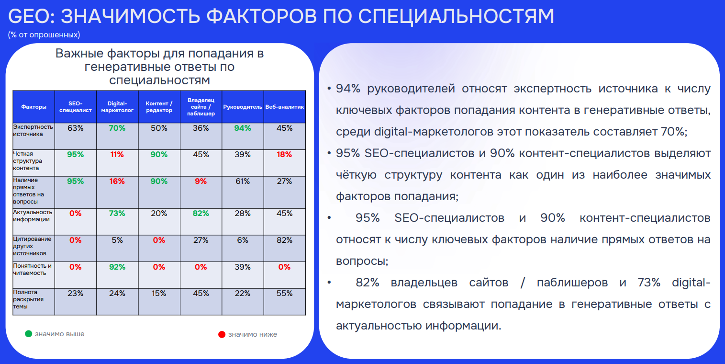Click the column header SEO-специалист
click(x=76, y=107)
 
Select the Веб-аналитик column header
click(x=285, y=107)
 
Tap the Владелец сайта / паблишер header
click(x=201, y=107)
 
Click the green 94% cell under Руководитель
click(x=243, y=128)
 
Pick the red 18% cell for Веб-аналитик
click(x=284, y=155)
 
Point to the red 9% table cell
click(x=201, y=182)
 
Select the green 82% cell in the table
click(x=201, y=214)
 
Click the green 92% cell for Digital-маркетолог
click(x=117, y=267)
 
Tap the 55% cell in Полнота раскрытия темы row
click(x=284, y=294)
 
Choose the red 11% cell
click(x=117, y=155)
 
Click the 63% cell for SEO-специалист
click(x=76, y=128)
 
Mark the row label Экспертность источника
click(x=33, y=130)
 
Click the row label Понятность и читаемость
click(x=32, y=270)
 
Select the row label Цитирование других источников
click(x=32, y=246)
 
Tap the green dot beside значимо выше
click(x=29, y=334)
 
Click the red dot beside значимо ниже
click(x=222, y=334)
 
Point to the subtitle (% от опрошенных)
click(x=44, y=34)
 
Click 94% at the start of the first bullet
click(x=348, y=89)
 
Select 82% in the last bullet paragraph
click(x=368, y=283)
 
